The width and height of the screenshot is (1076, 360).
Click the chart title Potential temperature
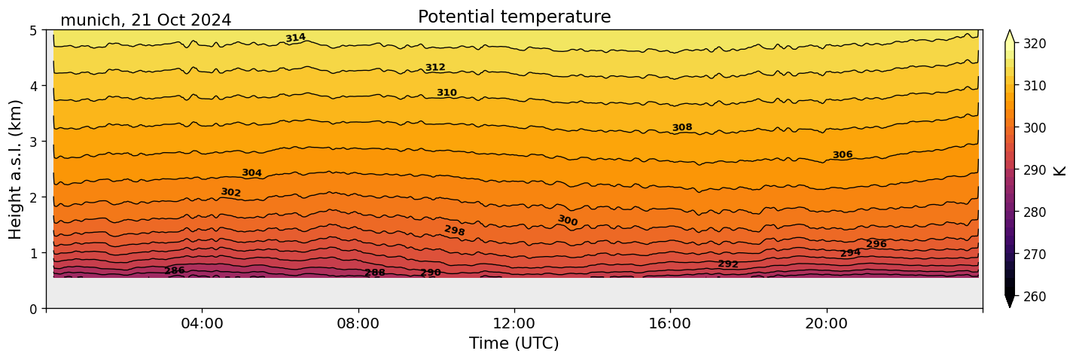click(514, 17)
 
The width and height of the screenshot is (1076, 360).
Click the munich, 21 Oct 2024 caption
click(145, 20)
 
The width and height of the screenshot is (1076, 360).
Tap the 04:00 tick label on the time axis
click(203, 323)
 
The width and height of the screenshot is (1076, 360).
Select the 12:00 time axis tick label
click(514, 323)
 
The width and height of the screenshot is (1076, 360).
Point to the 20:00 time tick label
click(827, 323)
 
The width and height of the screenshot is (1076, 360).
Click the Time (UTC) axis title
click(514, 343)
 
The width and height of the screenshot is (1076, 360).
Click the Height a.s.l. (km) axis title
click(16, 169)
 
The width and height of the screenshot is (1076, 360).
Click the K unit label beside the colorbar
click(1060, 170)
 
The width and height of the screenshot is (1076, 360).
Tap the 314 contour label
click(295, 38)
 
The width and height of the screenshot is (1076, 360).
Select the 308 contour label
click(682, 128)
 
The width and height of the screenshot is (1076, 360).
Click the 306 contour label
click(843, 155)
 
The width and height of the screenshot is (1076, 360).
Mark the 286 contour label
click(175, 271)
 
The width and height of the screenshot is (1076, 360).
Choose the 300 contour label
click(568, 221)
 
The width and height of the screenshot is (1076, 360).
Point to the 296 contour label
click(876, 244)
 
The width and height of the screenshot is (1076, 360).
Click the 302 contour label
click(230, 193)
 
